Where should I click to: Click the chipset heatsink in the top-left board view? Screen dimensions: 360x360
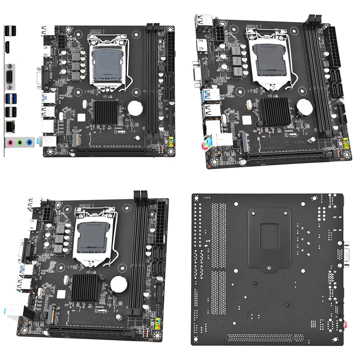coord(107,113)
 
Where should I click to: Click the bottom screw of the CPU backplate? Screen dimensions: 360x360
coord(269,267)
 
